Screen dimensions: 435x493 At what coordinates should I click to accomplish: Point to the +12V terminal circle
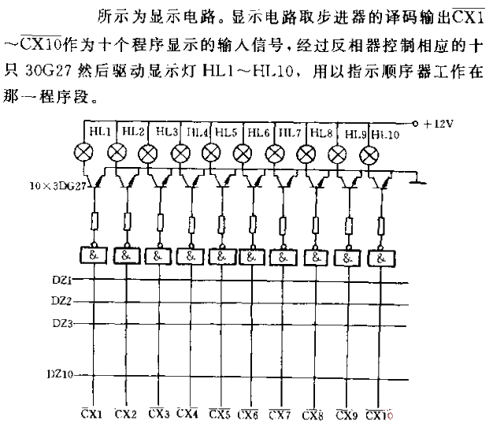pos(415,124)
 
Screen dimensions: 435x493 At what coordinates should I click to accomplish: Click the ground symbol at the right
pos(419,182)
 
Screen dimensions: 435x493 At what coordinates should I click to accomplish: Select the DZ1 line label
pos(61,279)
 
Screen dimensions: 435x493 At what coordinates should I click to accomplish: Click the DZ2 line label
pos(61,301)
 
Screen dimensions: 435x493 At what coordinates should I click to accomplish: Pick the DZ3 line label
pos(61,323)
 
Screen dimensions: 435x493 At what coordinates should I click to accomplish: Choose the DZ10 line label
pos(58,374)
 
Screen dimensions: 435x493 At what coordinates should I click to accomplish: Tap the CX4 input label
pos(187,412)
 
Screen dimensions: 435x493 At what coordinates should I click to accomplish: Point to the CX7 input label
pos(281,412)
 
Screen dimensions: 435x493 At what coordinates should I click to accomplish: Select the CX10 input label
pos(378,412)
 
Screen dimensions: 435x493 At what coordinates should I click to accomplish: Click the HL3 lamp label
pos(166,132)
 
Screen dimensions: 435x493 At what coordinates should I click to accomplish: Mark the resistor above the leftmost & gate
pos(95,221)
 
